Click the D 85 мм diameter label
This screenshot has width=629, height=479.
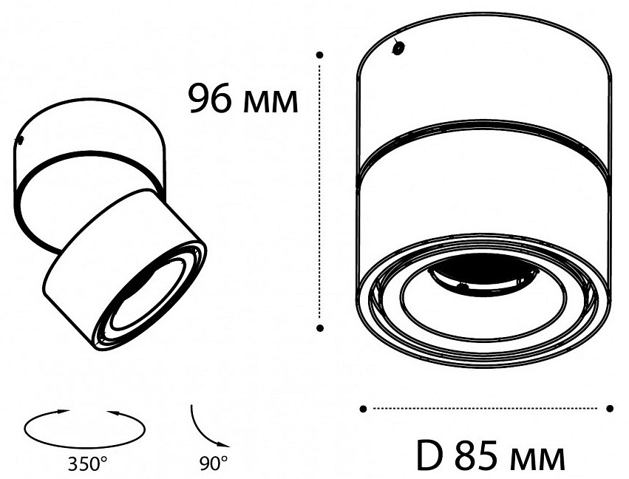pyautogui.click(x=490, y=455)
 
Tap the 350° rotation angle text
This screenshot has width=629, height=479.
pyautogui.click(x=87, y=464)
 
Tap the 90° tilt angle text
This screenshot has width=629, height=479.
pyautogui.click(x=213, y=464)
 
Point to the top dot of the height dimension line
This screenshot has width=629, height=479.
pyautogui.click(x=319, y=55)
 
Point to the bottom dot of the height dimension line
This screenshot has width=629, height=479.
pyautogui.click(x=319, y=326)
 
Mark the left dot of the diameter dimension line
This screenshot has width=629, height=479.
pyautogui.click(x=363, y=408)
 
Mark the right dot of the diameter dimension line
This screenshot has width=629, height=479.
pyautogui.click(x=610, y=408)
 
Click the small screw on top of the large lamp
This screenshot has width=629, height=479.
pyautogui.click(x=398, y=49)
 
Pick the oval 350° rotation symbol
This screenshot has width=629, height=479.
pyautogui.click(x=85, y=427)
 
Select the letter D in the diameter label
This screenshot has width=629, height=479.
pyautogui.click(x=428, y=455)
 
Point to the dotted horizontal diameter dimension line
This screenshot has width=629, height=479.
pyautogui.click(x=486, y=408)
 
